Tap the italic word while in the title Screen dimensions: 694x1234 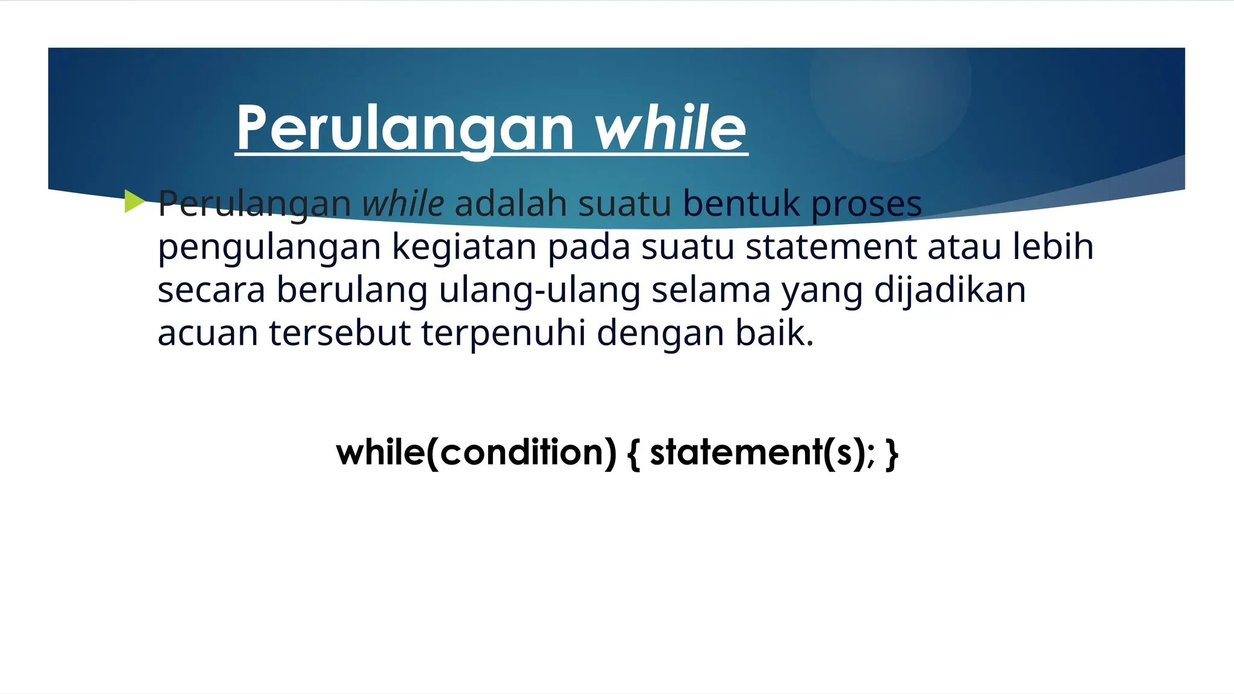671,128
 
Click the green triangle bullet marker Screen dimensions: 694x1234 134,201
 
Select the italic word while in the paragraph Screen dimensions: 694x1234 402,204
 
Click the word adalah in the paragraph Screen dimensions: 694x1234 510,204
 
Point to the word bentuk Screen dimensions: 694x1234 741,204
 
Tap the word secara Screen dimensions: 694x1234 211,290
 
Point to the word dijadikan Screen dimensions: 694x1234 950,290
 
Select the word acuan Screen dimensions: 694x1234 208,333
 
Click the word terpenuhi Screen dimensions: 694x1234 503,333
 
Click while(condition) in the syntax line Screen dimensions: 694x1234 476,452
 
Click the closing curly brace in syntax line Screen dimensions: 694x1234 892,454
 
